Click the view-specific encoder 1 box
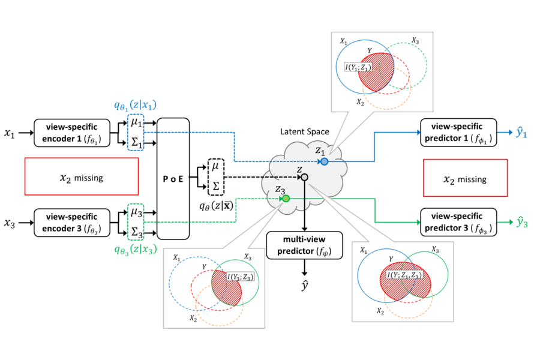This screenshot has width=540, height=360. click(73, 132)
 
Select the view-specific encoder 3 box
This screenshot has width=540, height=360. click(73, 222)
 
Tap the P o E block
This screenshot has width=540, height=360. click(173, 178)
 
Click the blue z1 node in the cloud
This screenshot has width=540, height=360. click(324, 161)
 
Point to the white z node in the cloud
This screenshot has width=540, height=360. click(305, 177)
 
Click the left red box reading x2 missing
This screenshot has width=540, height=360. click(82, 177)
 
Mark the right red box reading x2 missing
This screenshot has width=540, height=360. click(465, 178)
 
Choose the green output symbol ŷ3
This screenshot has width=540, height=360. click(523, 223)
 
